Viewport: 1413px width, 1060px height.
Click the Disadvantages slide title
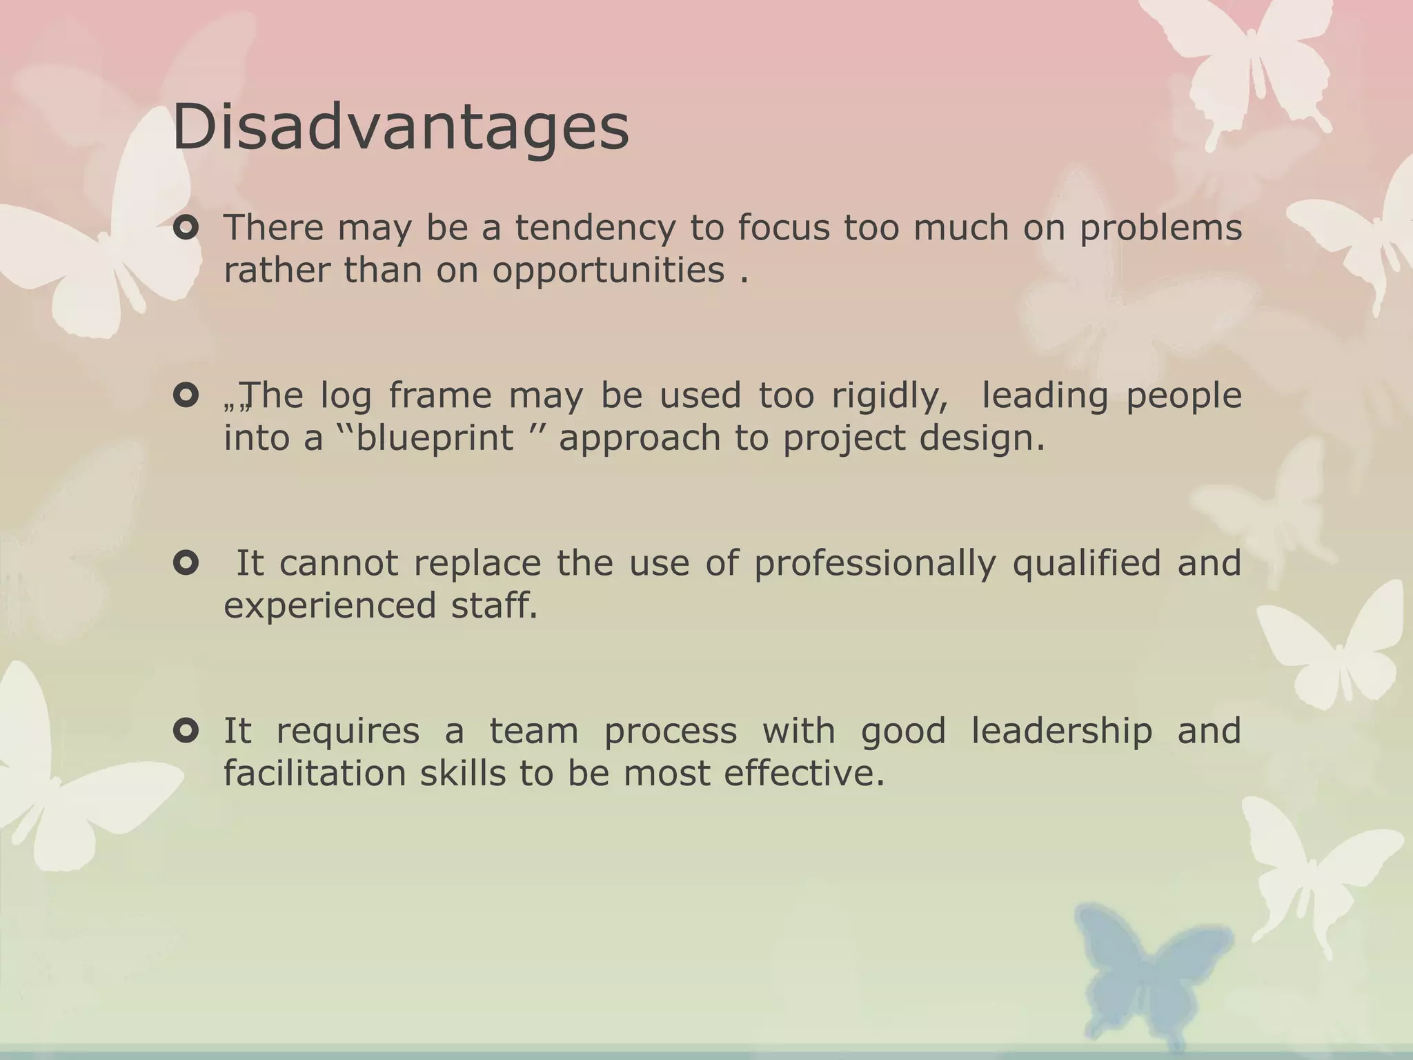400,128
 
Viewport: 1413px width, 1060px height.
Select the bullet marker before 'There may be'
186,228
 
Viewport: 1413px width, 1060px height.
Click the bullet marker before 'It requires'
186,730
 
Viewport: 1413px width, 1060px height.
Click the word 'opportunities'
608,271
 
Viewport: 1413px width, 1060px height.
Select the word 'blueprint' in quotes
435,438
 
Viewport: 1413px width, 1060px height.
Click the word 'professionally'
875,564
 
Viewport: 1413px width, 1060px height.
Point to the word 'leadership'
1061,732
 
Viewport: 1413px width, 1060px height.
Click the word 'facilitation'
314,774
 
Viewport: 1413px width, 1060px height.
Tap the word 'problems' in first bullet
1160,228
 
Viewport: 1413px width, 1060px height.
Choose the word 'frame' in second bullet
439,396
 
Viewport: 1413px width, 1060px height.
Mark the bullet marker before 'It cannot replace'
186,563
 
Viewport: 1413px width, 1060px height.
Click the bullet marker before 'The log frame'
186,395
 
